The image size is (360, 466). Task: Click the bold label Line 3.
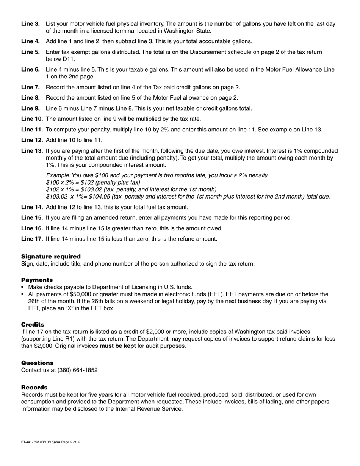pyautogui.click(x=30, y=24)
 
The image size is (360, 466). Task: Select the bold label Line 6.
pyautogui.click(x=30, y=69)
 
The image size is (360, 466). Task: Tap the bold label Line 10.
pyautogui.click(x=32, y=119)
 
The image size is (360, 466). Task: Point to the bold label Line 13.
pyautogui.click(x=32, y=151)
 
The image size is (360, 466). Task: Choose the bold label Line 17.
pyautogui.click(x=32, y=239)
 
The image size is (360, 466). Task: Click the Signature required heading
pyautogui.click(x=51, y=256)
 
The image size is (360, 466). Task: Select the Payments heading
pyautogui.click(x=37, y=280)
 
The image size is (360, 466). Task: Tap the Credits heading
pyautogui.click(x=33, y=325)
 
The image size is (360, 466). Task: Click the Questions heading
pyautogui.click(x=37, y=363)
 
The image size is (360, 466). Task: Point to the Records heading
pyautogui.click(x=34, y=388)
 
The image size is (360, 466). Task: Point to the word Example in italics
pyautogui.click(x=58, y=175)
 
